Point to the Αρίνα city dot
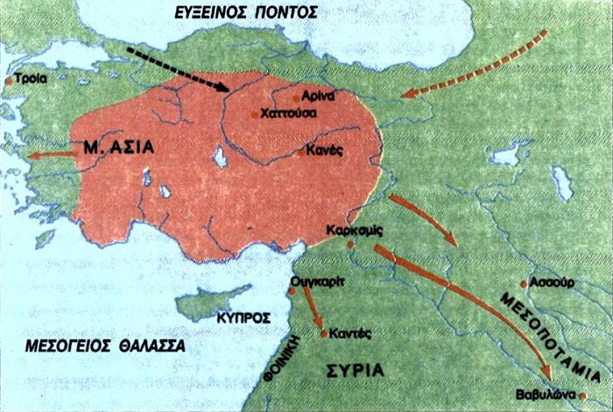tap(295, 96)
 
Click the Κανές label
tap(323, 151)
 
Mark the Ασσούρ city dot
tap(523, 284)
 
